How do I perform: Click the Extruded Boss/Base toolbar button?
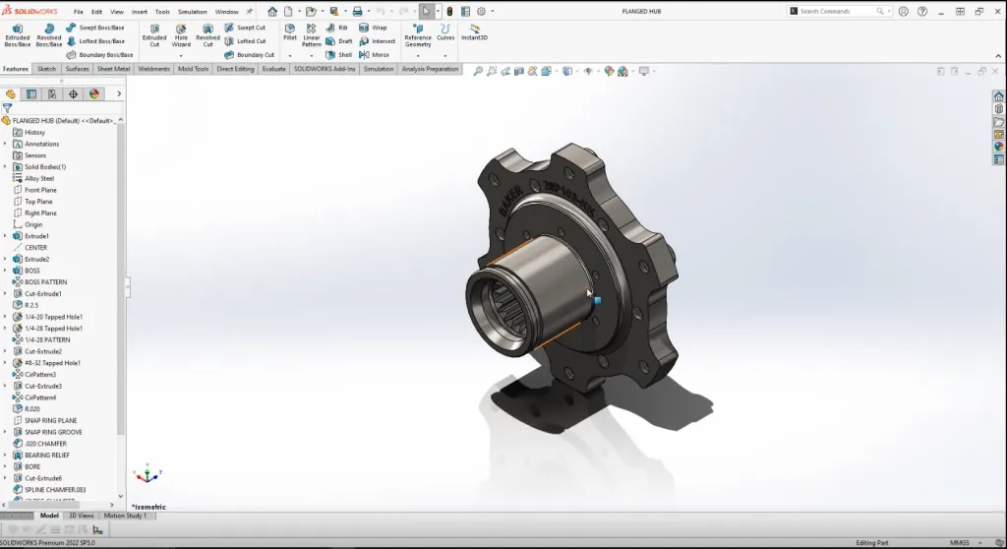click(18, 34)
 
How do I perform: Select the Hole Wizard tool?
click(181, 34)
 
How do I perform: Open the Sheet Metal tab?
click(113, 69)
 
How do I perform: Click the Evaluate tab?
click(274, 69)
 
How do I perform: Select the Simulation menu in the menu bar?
click(193, 12)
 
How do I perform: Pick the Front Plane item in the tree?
click(40, 190)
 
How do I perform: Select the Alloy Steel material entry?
click(39, 178)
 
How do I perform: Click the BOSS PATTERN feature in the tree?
click(45, 282)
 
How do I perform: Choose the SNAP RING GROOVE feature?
click(53, 432)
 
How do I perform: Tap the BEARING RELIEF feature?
click(47, 456)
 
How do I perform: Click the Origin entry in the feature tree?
click(33, 224)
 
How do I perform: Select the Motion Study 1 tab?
click(125, 516)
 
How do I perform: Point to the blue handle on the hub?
click(597, 300)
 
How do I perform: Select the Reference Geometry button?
click(418, 34)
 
